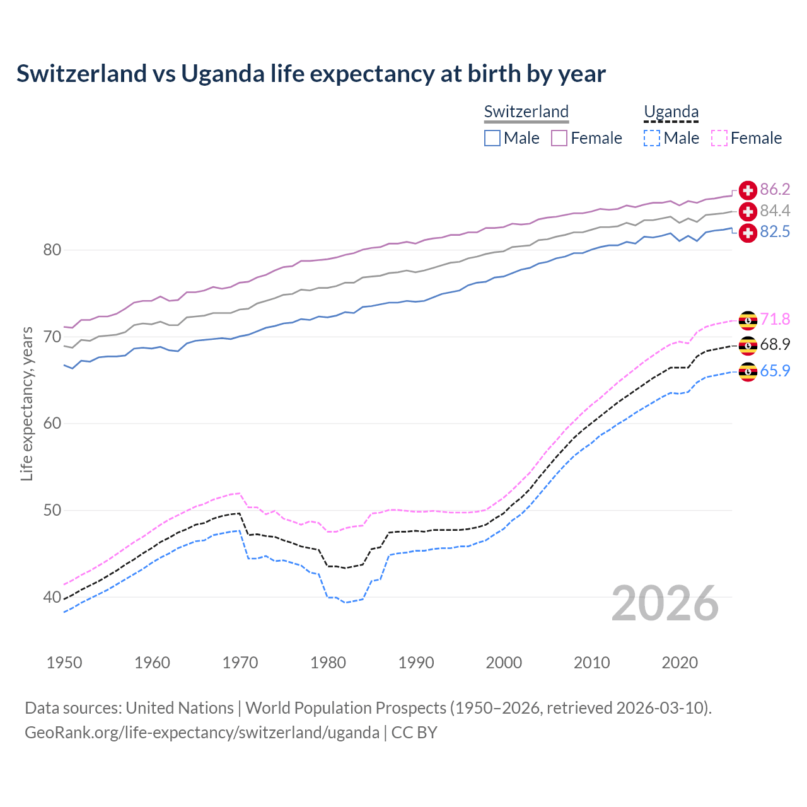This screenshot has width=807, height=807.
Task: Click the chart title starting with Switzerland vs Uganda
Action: click(311, 74)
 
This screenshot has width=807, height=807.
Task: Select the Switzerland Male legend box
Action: click(492, 138)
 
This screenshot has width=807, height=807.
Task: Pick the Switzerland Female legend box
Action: click(559, 138)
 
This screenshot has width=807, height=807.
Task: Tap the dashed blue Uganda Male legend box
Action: click(652, 138)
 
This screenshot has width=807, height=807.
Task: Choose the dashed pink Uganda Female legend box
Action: click(719, 138)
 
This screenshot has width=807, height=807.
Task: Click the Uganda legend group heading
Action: click(671, 112)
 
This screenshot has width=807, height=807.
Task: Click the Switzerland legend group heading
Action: click(526, 112)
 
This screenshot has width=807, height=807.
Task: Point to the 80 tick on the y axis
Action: click(52, 250)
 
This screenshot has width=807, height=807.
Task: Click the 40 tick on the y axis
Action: click(52, 597)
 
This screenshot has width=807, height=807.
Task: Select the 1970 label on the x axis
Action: click(240, 663)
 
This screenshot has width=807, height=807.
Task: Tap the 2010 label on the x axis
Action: click(591, 663)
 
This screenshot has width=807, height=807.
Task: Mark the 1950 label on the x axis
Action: click(64, 663)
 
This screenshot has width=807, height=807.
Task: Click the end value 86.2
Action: click(775, 190)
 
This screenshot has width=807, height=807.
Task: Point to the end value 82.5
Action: click(775, 232)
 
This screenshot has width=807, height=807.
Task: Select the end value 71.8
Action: click(775, 320)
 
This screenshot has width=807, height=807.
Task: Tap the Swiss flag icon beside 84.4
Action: click(748, 211)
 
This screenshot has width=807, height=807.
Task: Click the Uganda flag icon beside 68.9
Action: click(748, 345)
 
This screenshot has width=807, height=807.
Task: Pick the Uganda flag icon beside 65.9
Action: click(748, 371)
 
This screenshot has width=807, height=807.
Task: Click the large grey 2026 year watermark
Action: click(665, 603)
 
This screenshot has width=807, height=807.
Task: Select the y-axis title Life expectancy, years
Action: click(27, 403)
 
